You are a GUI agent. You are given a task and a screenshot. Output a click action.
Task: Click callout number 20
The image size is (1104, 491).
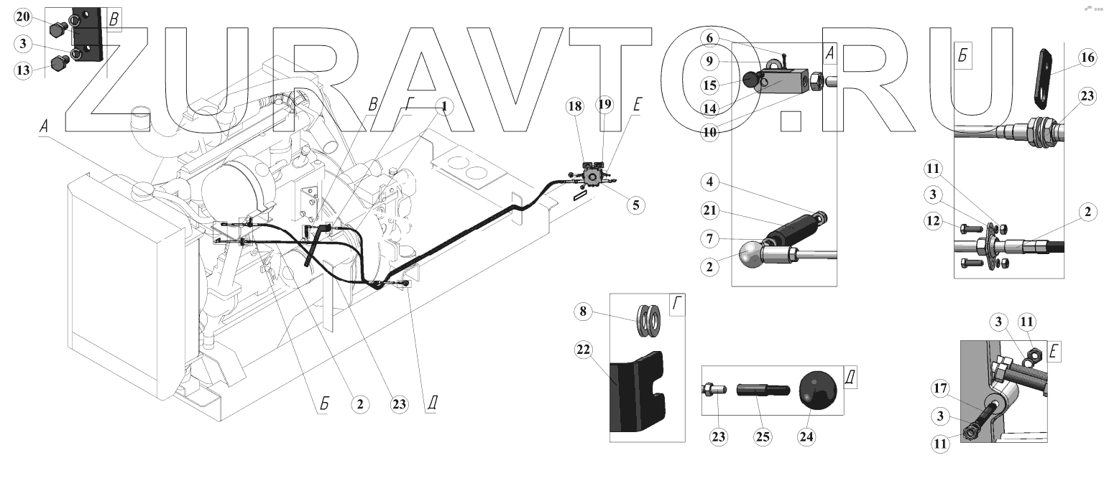pyautogui.click(x=23, y=17)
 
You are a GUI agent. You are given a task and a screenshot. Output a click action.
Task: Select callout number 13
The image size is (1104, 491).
pyautogui.click(x=23, y=70)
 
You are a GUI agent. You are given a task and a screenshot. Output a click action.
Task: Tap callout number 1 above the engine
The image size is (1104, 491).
pyautogui.click(x=445, y=106)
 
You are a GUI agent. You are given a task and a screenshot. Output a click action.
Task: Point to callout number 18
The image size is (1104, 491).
pyautogui.click(x=574, y=106)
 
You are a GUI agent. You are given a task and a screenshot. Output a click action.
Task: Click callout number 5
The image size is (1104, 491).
pyautogui.click(x=635, y=205)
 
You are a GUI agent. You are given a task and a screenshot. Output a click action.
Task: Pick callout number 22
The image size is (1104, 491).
pyautogui.click(x=584, y=350)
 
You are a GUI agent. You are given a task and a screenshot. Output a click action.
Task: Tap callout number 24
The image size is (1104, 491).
pyautogui.click(x=807, y=435)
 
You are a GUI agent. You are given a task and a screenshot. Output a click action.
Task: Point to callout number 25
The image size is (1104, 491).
pyautogui.click(x=763, y=435)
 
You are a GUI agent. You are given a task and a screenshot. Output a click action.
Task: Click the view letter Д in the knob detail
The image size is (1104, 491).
pyautogui.click(x=850, y=377)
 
